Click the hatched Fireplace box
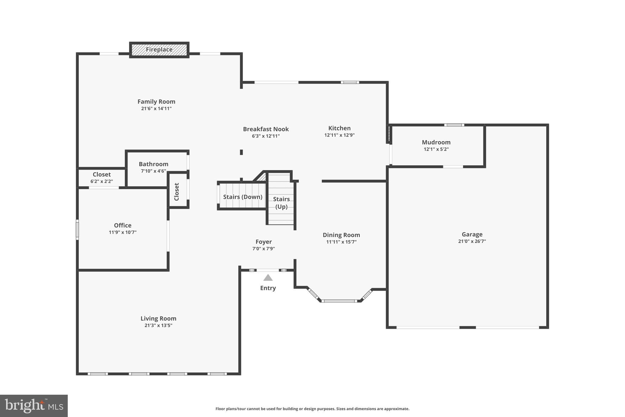tap(159, 50)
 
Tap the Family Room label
tap(156, 102)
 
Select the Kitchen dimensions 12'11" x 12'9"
tap(339, 135)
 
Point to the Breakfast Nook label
tap(266, 129)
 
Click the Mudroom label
tap(436, 142)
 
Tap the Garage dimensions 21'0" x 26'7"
tap(472, 241)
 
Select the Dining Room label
tap(341, 235)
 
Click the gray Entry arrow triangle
tap(268, 278)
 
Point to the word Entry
tap(268, 288)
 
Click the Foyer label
tap(264, 242)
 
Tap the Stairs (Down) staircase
tap(243, 197)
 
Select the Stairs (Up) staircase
tap(281, 203)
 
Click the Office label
tap(123, 225)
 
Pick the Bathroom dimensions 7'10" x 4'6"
tap(154, 171)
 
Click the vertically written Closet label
tap(177, 192)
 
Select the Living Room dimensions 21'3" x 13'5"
tap(158, 325)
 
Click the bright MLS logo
tap(34, 406)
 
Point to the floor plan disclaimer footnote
tap(312, 409)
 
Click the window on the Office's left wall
tap(78, 229)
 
